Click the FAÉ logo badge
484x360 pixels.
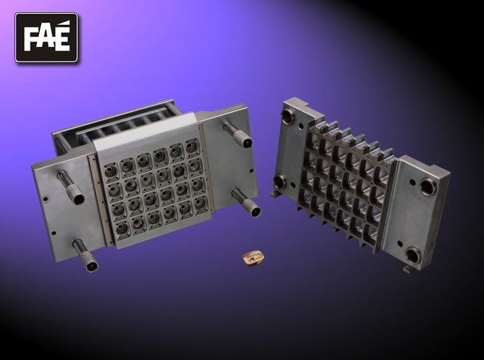[x=46, y=37]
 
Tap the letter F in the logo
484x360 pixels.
[x=30, y=39]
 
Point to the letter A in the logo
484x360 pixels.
[x=45, y=39]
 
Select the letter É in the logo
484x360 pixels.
[x=62, y=36]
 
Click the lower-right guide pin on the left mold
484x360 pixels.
[x=247, y=203]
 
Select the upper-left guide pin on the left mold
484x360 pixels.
[x=70, y=188]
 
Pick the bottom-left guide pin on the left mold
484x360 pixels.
[x=85, y=256]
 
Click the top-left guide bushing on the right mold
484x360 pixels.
[x=288, y=116]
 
